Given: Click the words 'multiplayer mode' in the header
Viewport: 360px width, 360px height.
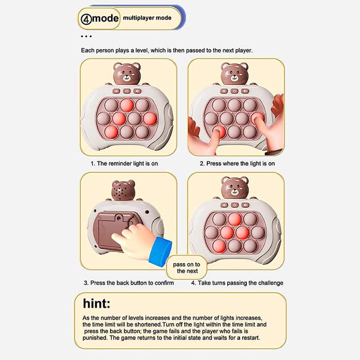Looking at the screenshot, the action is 147,18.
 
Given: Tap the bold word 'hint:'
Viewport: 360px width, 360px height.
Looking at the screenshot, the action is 97,303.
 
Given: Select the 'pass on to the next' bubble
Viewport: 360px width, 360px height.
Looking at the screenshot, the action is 187,267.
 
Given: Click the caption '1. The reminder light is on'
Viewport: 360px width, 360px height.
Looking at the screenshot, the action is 124,164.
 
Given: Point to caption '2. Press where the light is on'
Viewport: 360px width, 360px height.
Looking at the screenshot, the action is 237,164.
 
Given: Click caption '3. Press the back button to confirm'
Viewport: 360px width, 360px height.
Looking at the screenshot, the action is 129,283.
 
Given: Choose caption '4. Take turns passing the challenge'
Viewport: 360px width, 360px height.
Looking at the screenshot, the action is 237,283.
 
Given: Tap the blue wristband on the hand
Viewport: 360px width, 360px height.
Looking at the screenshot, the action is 160,251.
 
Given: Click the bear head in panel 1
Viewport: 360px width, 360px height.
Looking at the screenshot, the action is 127,74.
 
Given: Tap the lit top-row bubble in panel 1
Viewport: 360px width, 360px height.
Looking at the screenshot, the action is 127,105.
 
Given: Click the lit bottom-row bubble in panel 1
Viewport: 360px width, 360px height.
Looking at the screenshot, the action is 112,133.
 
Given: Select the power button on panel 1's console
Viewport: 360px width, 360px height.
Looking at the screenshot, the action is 127,91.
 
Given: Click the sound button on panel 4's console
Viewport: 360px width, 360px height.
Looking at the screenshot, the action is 246,205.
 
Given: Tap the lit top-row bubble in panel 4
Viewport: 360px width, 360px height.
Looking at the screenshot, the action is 235,219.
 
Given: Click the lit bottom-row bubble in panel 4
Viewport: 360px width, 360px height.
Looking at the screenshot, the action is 219,246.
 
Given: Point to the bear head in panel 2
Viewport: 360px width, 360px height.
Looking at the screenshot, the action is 235,74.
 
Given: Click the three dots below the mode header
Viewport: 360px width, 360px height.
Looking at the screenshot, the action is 86,37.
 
